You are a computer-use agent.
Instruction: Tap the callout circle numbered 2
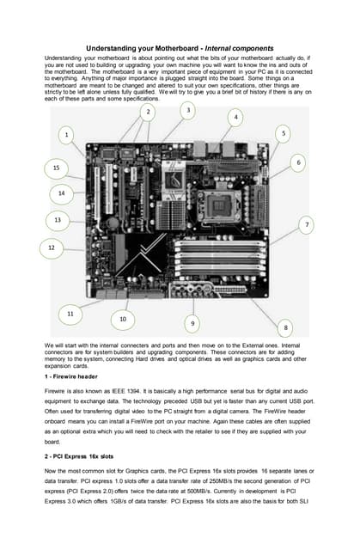pos(148,112)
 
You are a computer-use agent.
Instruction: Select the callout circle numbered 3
pos(188,110)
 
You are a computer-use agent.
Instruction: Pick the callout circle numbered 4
pos(235,116)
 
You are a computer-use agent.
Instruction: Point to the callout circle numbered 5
pos(284,133)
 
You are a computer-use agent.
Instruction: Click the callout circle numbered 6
pos(298,162)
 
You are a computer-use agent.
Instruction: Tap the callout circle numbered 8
pos(285,327)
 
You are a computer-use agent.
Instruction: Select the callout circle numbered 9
pos(192,323)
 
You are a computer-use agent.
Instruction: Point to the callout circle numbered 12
pos(51,247)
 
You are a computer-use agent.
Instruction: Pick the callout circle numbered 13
pos(57,220)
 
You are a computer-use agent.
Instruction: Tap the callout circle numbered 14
pos(61,193)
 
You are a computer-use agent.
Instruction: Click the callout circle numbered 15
pos(56,167)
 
